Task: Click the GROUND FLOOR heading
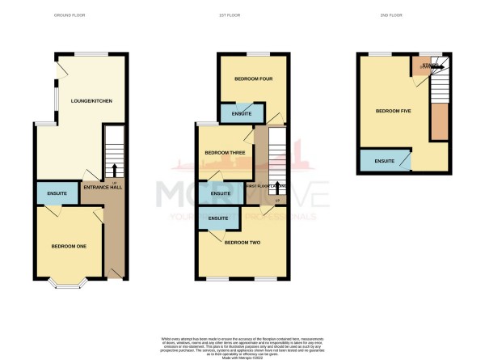70,15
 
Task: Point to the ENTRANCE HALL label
102,188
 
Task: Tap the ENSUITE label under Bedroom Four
241,115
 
